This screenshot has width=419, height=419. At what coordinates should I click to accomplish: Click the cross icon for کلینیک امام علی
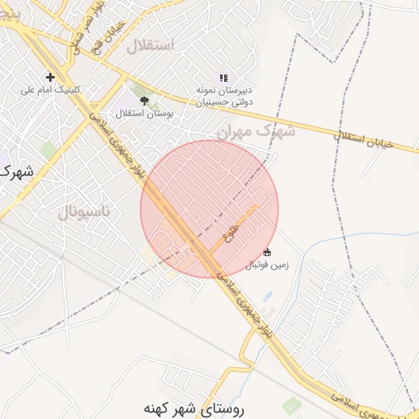point(51,77)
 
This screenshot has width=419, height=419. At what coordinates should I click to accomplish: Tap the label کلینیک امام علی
point(51,89)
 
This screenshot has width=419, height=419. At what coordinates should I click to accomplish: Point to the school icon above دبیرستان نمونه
point(223,77)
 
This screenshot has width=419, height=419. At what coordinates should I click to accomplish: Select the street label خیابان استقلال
point(363,140)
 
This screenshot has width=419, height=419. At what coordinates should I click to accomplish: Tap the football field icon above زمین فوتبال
point(268,252)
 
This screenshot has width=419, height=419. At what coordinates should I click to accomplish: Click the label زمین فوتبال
point(268,264)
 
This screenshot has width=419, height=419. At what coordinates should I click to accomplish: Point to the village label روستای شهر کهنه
point(199,407)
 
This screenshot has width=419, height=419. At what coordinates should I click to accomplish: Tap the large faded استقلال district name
point(150,45)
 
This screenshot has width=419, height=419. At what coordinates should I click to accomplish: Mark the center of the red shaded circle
point(209,209)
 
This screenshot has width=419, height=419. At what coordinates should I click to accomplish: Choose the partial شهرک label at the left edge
point(16,173)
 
